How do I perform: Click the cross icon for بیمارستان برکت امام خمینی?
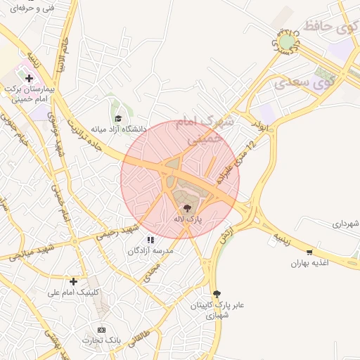(29, 78)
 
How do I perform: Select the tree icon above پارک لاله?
(187, 208)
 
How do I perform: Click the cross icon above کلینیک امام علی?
(73, 281)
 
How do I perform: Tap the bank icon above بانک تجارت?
(102, 330)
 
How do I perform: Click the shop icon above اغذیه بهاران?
(309, 252)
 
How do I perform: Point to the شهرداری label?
(347, 224)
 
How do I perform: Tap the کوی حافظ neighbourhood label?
(328, 28)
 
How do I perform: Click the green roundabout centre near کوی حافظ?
(286, 43)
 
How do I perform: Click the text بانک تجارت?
(103, 341)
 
